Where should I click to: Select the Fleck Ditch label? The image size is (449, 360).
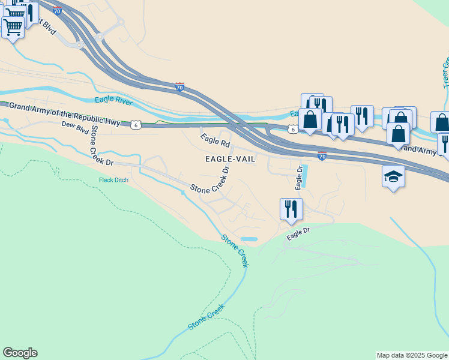coord(114,180)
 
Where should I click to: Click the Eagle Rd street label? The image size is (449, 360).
coord(215,140)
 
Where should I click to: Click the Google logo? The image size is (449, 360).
coord(20,353)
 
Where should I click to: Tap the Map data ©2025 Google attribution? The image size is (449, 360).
coord(412,355)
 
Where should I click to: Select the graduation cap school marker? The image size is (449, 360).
coord(393,176)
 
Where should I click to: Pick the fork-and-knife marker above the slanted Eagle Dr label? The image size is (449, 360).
coord(291,209)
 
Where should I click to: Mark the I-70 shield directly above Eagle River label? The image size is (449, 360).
coord(179,87)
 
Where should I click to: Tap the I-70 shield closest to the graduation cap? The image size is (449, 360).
coord(322,156)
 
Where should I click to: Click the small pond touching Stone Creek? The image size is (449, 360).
coord(249,239)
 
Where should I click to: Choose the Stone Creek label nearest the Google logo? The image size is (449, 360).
coord(206,316)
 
